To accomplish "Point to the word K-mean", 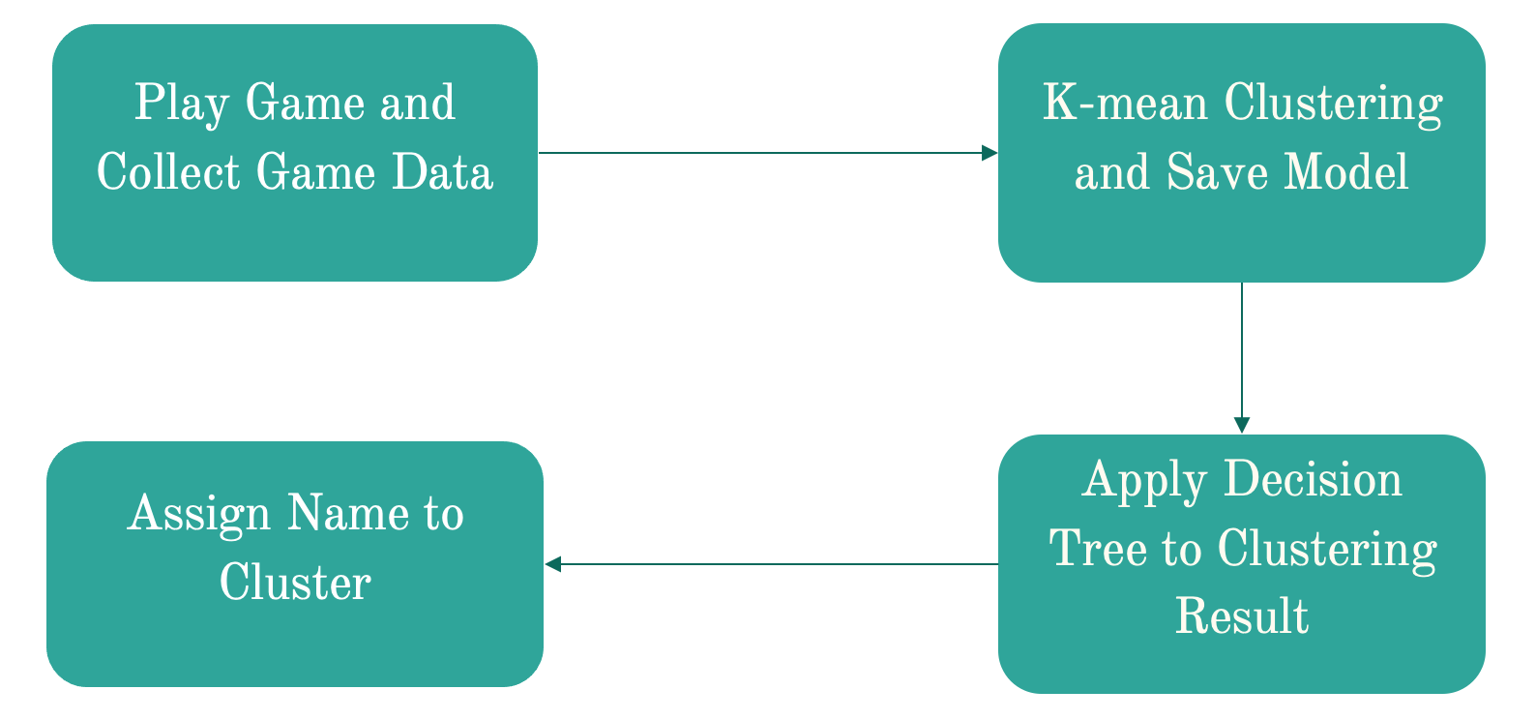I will point(1125,103).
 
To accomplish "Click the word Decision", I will point(1314,479).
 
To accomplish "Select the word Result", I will point(1242,616).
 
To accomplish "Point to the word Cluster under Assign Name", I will point(295,583).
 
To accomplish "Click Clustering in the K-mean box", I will point(1334,104).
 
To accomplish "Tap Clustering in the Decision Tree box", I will point(1328,550).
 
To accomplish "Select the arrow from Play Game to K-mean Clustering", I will point(764,153).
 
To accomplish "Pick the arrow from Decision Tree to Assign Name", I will point(774,564).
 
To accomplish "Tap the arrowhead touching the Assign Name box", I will point(552,564).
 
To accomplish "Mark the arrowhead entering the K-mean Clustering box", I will point(990,153).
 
